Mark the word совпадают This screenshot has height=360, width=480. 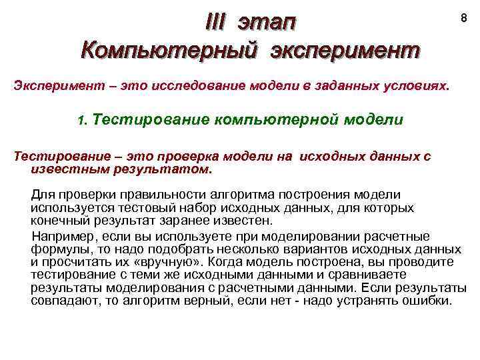tap(63, 301)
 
